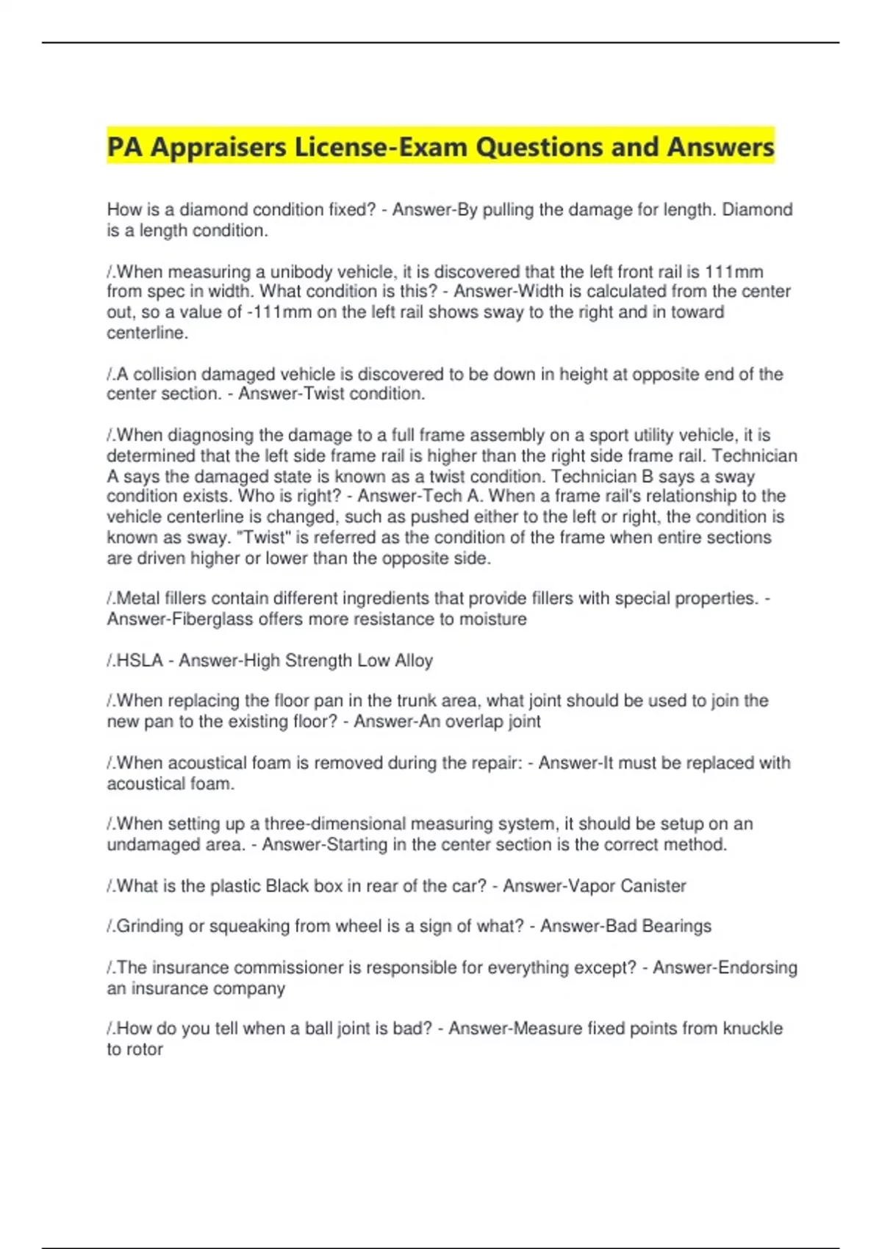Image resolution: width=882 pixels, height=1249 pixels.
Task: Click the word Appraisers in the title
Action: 218,148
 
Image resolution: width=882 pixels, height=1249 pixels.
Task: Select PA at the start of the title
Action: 124,148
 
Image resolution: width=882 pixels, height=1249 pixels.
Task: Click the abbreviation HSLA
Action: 140,661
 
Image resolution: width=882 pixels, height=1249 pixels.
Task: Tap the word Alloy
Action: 413,661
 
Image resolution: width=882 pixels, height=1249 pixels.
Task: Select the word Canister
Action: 653,886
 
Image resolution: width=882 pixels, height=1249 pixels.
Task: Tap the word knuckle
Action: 753,1029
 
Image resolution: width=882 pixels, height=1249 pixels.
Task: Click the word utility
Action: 642,436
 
